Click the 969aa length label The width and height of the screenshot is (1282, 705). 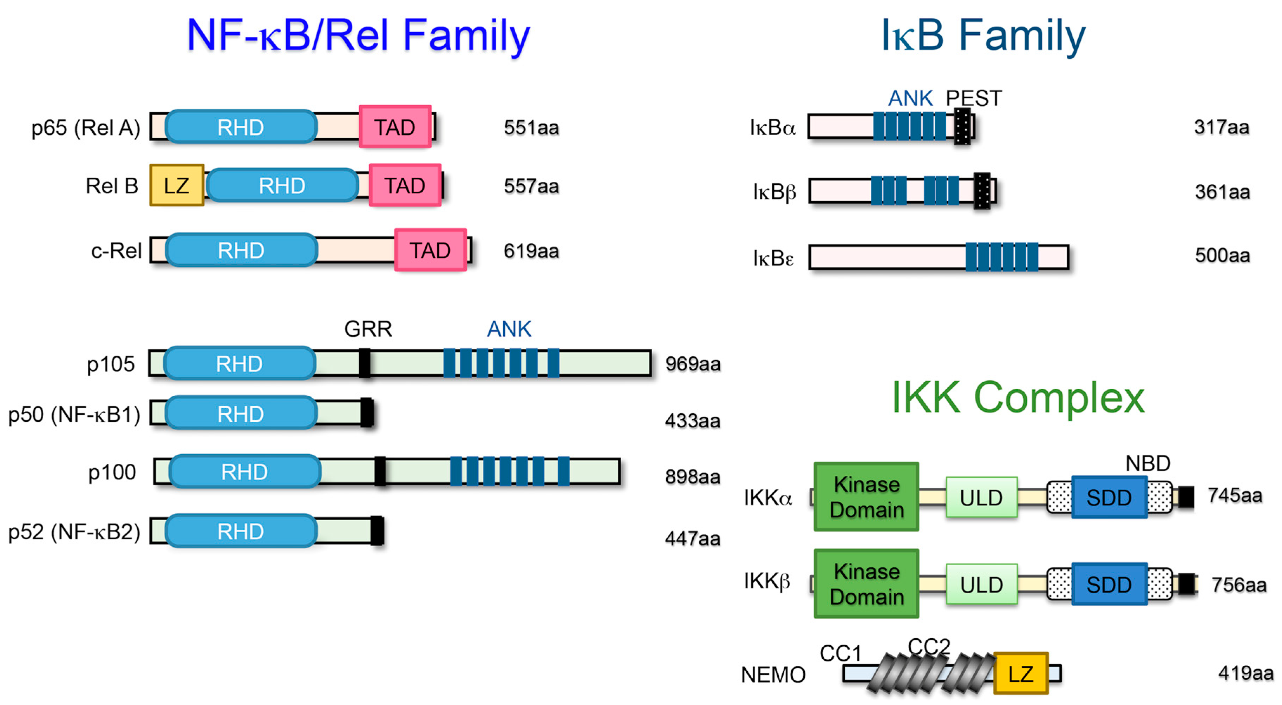(x=693, y=364)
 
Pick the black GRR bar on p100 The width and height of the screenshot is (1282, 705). (x=380, y=471)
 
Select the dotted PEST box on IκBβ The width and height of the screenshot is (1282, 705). (x=982, y=191)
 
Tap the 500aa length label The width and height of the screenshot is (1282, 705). (x=1222, y=255)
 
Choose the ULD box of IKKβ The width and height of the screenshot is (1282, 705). (x=981, y=584)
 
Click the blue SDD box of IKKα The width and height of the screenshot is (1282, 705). (x=1109, y=497)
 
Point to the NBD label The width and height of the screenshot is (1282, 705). (x=1147, y=463)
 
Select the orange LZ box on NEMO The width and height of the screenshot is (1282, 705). (x=1021, y=674)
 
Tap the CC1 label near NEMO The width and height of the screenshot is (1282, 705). (x=840, y=653)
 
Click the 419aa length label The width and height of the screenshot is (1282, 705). (x=1245, y=673)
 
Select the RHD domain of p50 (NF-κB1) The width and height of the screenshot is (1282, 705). (x=241, y=414)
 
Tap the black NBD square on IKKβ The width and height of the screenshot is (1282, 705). (x=1186, y=584)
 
